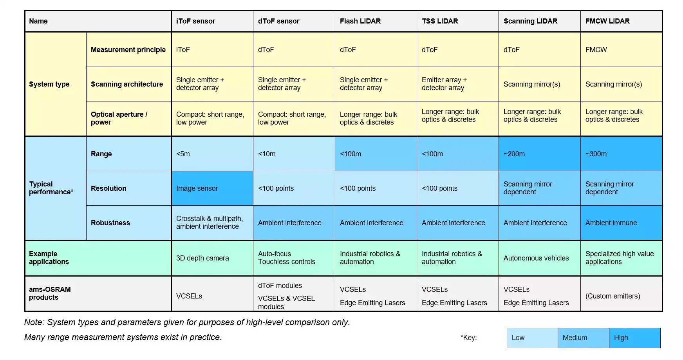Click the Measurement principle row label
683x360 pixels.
click(128, 50)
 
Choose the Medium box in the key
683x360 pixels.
click(583, 338)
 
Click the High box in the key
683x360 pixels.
click(634, 338)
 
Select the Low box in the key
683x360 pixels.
click(532, 338)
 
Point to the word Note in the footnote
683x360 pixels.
click(33, 322)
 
